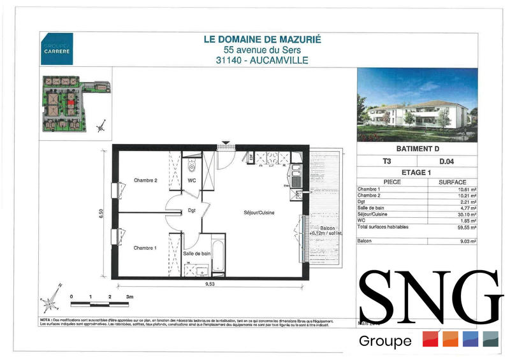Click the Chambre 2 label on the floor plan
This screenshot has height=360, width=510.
[x=145, y=180]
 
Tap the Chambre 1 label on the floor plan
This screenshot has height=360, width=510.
[x=145, y=247]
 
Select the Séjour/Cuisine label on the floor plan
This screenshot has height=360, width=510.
[x=259, y=213]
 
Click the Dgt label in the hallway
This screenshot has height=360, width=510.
[x=191, y=211]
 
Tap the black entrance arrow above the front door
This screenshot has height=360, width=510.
[x=224, y=143]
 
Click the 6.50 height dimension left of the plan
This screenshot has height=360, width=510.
[x=101, y=213]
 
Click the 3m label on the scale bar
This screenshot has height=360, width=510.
[x=129, y=297]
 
